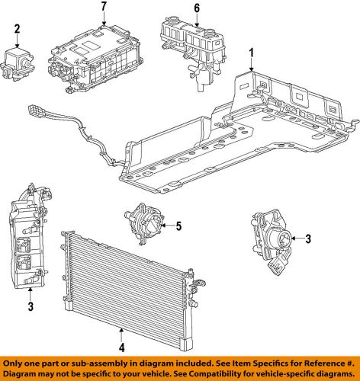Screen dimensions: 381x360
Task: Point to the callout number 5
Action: tap(178, 226)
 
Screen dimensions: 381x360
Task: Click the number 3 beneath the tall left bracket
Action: tap(30, 307)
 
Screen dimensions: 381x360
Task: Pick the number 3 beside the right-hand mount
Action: tap(307, 239)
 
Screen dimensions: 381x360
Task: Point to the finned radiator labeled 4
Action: tap(126, 286)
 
